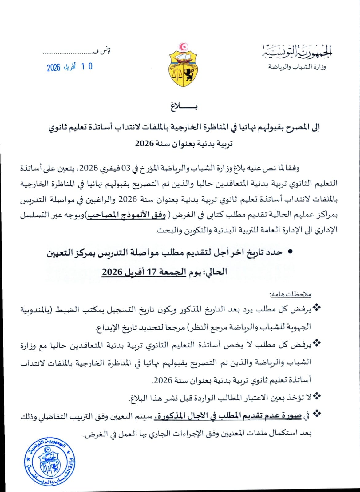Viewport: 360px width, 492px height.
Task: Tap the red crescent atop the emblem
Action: (184, 47)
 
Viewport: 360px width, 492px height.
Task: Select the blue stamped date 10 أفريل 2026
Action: (70, 67)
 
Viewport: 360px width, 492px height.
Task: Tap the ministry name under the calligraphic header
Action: (297, 67)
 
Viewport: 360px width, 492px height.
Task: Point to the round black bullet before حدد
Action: (289, 252)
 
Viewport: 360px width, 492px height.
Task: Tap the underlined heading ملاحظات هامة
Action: (291, 294)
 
